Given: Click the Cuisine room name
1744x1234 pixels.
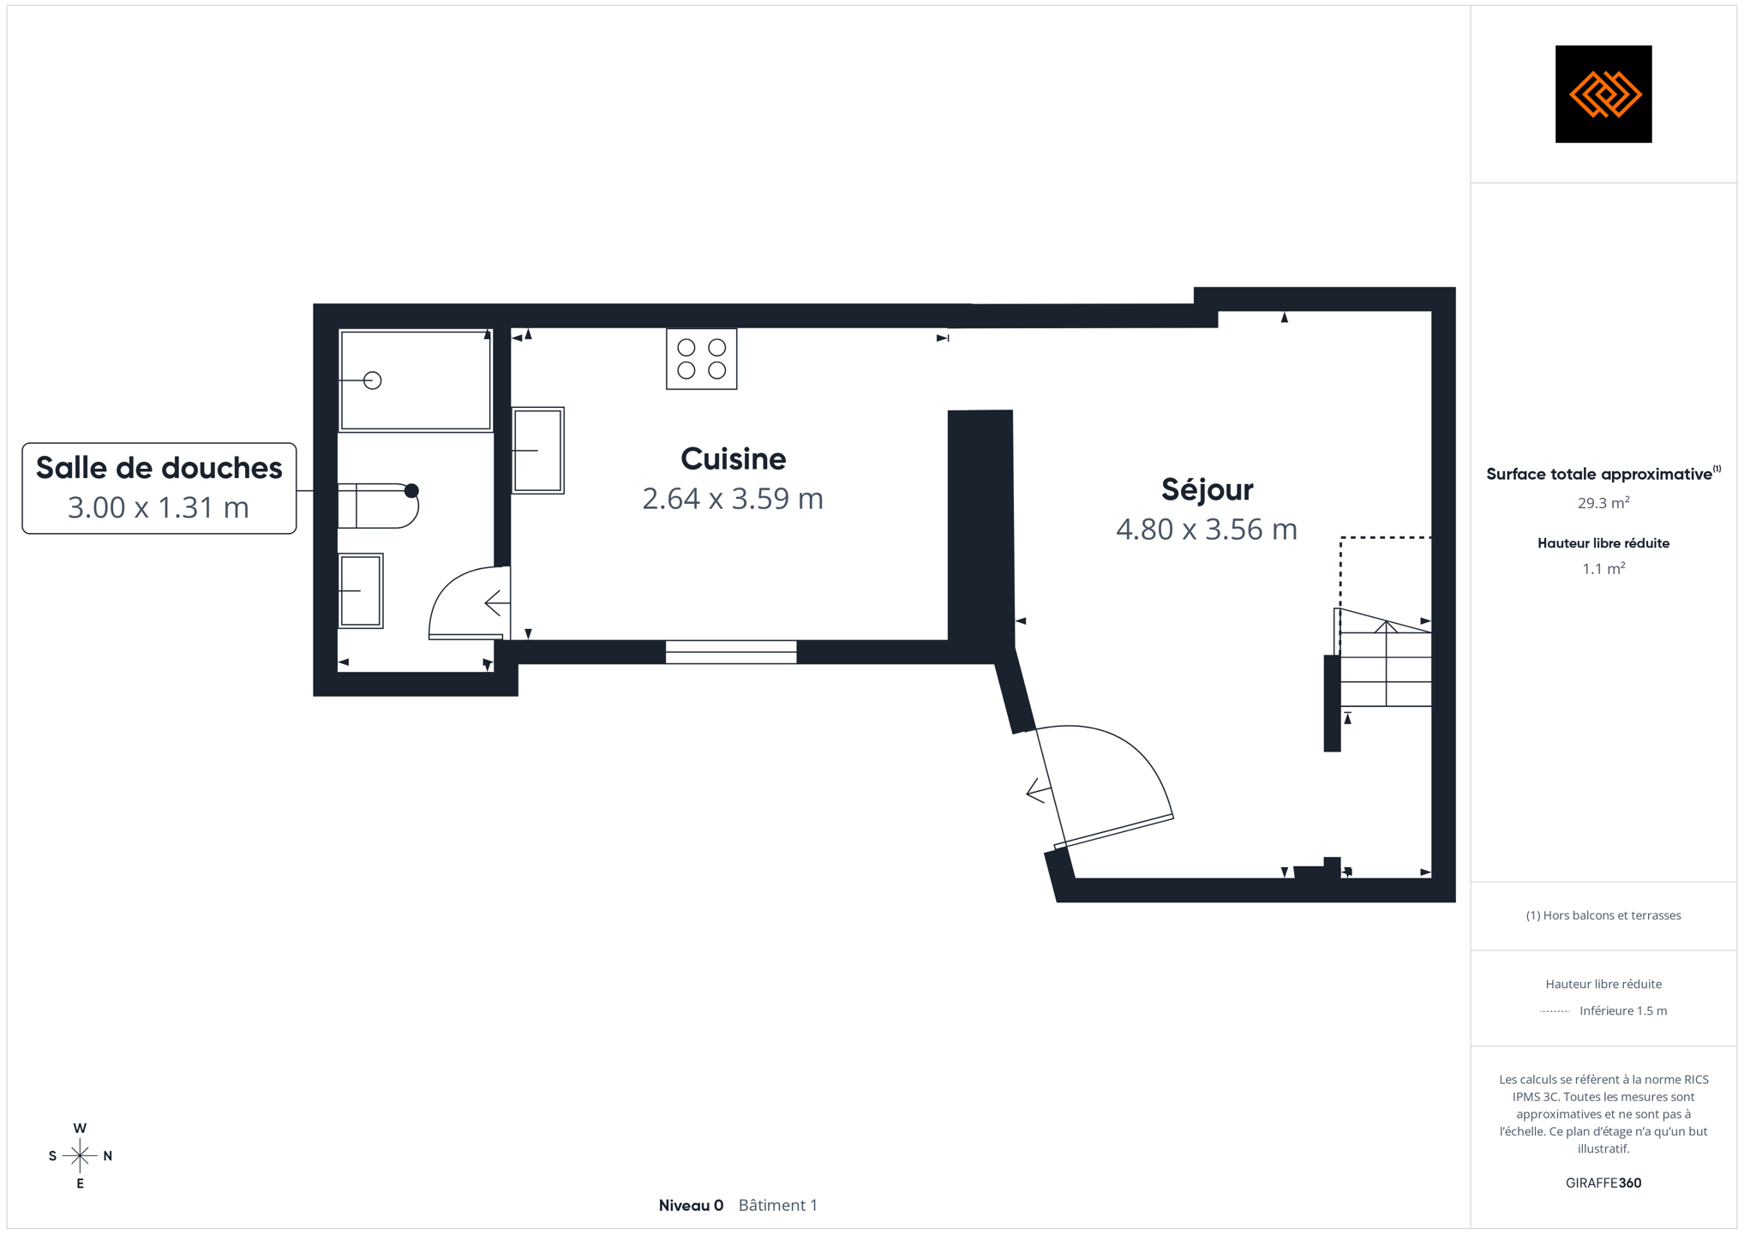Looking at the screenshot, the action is [x=733, y=459].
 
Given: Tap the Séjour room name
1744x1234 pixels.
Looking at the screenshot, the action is [x=1207, y=489].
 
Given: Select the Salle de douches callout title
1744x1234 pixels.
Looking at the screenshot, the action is [x=159, y=468].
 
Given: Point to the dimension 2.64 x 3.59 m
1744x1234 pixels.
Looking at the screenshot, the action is [x=733, y=499].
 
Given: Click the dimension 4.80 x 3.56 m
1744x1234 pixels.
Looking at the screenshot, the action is [x=1207, y=530].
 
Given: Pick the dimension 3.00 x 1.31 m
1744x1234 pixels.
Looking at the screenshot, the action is [x=159, y=507].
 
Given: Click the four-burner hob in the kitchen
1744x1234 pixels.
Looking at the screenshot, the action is [x=702, y=359].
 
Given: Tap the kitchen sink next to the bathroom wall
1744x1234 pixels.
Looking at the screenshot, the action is [x=538, y=451].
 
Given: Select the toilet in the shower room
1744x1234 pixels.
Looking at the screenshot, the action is [x=379, y=506].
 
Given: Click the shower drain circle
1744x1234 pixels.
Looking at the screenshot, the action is [x=372, y=380].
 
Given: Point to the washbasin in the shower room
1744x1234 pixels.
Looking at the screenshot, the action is [x=361, y=591].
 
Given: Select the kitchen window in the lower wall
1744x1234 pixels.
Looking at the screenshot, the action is [x=731, y=652].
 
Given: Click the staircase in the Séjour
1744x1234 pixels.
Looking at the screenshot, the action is [x=1383, y=657].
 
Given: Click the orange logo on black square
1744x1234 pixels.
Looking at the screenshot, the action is [x=1603, y=94].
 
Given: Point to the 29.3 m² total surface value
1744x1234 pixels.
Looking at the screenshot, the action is [x=1603, y=503].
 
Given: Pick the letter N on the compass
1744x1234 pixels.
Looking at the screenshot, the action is [x=108, y=1156].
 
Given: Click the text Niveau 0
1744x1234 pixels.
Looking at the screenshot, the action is [x=691, y=1206].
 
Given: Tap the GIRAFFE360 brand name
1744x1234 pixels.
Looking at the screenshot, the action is [x=1603, y=1183].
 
